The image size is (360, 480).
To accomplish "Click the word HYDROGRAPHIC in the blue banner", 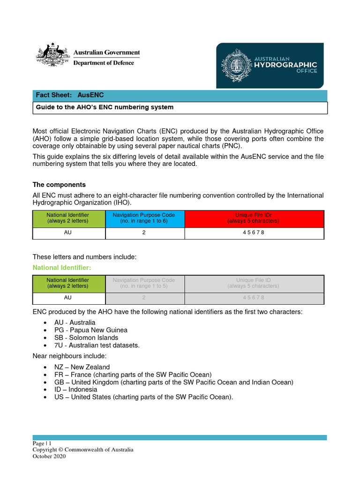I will [x=285, y=65].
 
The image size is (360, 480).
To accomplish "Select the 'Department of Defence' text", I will [x=104, y=63].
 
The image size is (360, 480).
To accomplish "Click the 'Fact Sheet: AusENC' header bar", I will [x=180, y=95].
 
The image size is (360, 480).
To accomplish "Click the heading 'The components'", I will [x=59, y=185].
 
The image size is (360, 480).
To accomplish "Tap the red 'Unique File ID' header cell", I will [x=254, y=218].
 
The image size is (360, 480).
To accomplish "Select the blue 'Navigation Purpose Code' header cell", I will [x=144, y=218].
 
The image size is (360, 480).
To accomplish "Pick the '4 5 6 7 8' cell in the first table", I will [x=254, y=233].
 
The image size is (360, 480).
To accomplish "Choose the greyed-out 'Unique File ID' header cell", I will [x=254, y=283].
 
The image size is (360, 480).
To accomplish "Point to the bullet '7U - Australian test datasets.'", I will [x=97, y=345].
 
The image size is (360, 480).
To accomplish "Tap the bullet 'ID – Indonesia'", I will [x=75, y=390].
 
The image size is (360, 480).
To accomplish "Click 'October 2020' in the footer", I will [x=49, y=456].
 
